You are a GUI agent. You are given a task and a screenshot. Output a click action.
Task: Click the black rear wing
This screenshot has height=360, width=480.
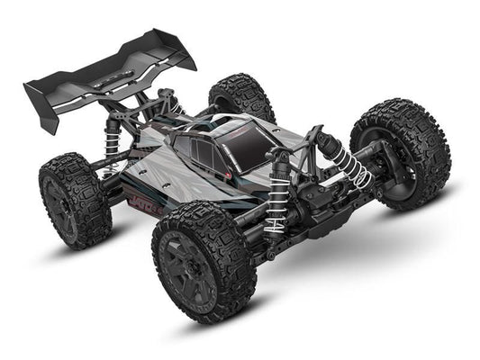(x=108, y=67)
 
